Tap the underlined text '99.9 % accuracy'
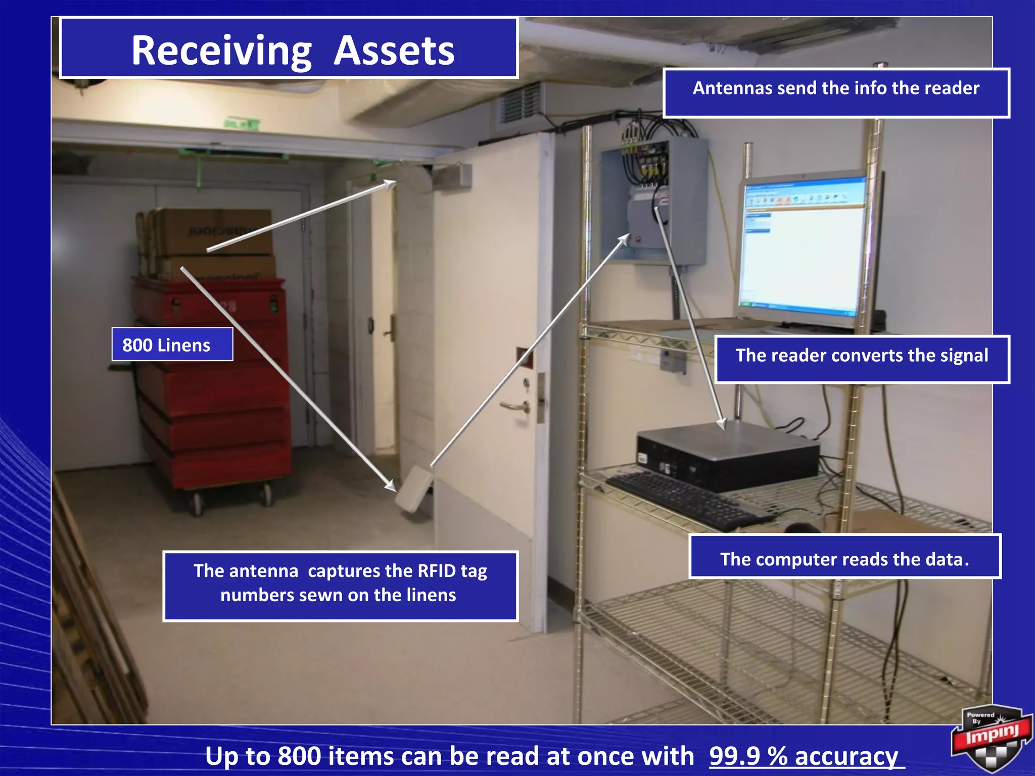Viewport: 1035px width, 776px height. pos(803,756)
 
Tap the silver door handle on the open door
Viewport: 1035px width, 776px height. pos(515,406)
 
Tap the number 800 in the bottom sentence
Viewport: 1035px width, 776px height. pos(299,756)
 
